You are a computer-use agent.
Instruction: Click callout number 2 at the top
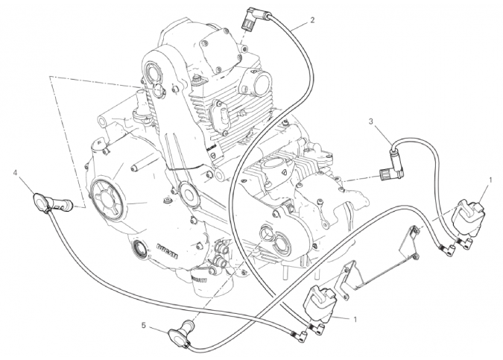[311, 19]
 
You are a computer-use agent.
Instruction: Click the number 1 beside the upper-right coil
[489, 180]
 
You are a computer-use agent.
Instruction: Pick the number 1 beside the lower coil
[356, 320]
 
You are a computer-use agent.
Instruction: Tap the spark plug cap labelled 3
[391, 170]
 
